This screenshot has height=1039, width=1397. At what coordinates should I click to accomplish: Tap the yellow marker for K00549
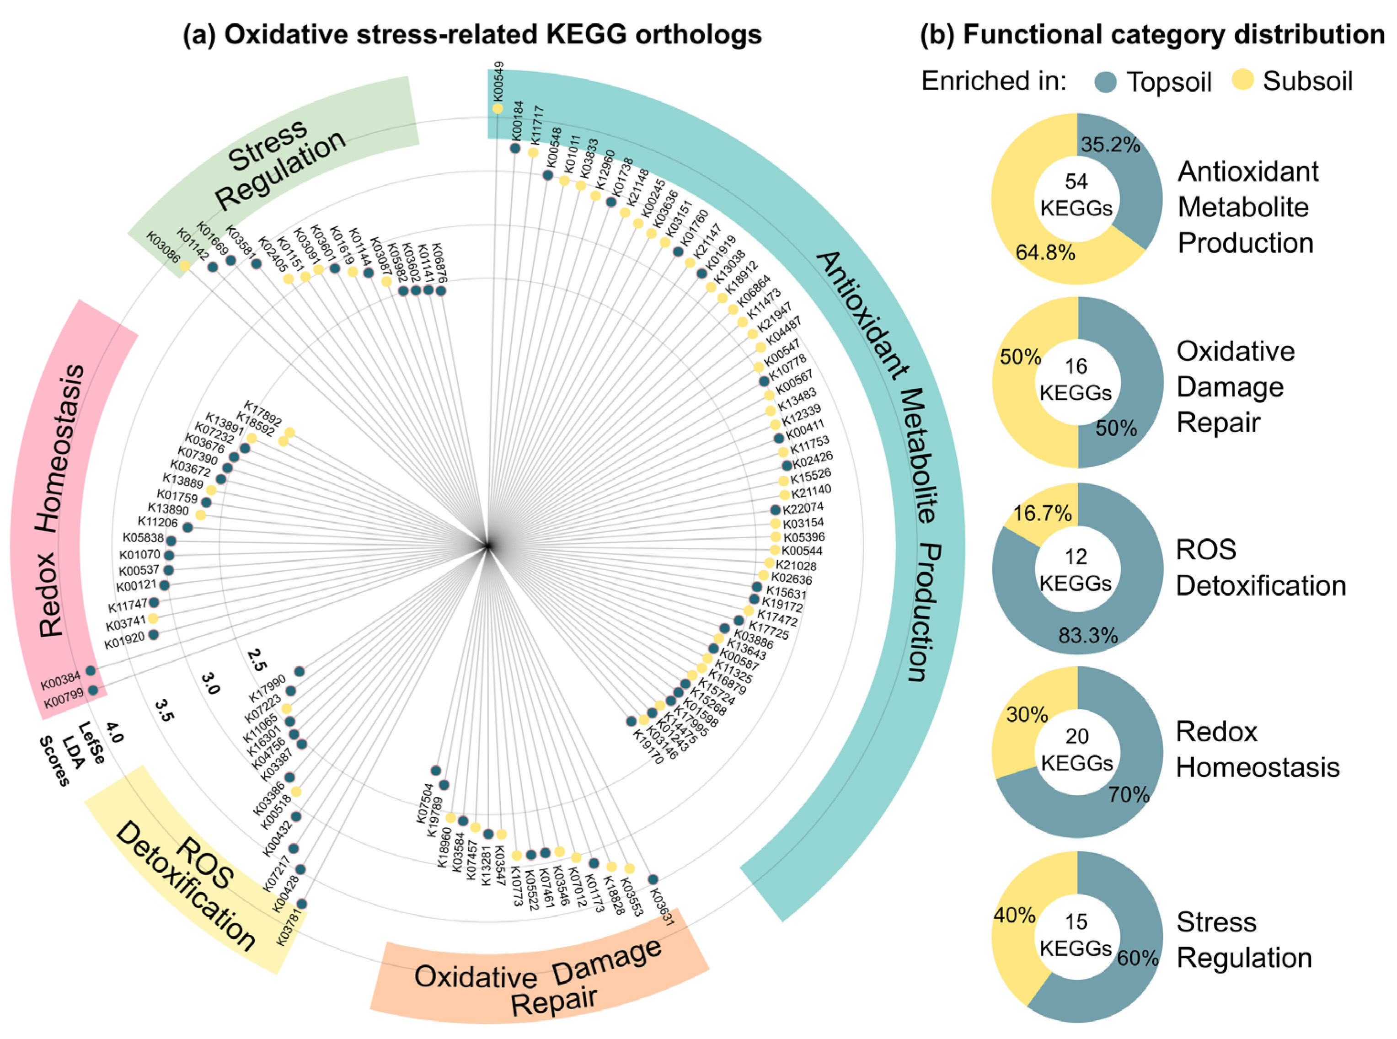(498, 109)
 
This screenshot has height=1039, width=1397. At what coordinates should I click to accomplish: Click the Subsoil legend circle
(1243, 80)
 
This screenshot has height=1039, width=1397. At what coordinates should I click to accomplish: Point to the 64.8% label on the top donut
(1045, 253)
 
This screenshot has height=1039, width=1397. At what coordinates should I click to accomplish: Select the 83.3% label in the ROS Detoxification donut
(1088, 636)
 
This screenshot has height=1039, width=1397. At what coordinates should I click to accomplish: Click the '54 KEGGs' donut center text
(1076, 195)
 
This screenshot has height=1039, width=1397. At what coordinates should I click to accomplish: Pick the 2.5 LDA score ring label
(257, 659)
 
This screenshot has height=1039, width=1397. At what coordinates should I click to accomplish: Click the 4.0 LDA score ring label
(114, 733)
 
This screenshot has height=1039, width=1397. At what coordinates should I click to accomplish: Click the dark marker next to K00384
(91, 671)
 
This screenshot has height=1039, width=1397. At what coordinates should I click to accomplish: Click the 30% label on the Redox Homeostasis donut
(1027, 715)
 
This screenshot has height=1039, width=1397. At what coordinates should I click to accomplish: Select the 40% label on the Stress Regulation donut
(1014, 916)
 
